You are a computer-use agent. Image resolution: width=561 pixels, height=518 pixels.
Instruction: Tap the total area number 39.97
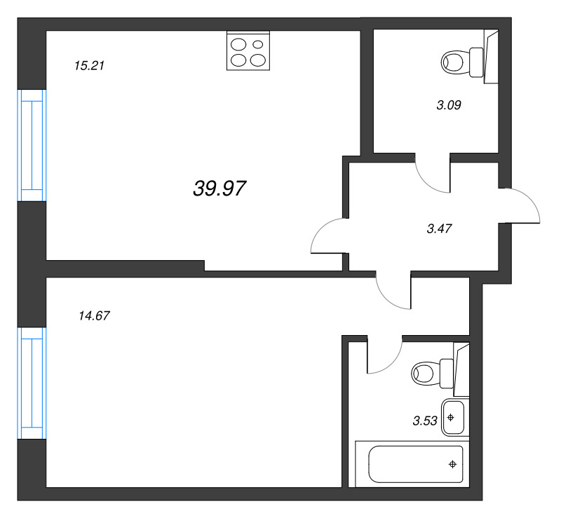(x=219, y=188)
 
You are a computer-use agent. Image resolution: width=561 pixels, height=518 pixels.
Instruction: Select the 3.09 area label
(x=448, y=106)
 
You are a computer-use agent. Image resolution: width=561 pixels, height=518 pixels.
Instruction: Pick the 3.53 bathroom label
(x=425, y=421)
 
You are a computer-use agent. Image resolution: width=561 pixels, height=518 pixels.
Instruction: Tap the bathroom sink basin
(x=452, y=418)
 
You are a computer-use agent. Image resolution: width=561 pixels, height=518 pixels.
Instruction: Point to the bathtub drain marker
(x=453, y=464)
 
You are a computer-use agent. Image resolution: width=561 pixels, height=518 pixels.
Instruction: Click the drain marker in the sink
(x=451, y=418)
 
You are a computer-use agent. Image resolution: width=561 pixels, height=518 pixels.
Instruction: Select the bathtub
(x=410, y=464)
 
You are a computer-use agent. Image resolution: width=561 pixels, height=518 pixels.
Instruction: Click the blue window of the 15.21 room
(x=32, y=145)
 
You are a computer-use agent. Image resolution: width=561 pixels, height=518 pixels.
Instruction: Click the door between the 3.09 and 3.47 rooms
(x=432, y=175)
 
